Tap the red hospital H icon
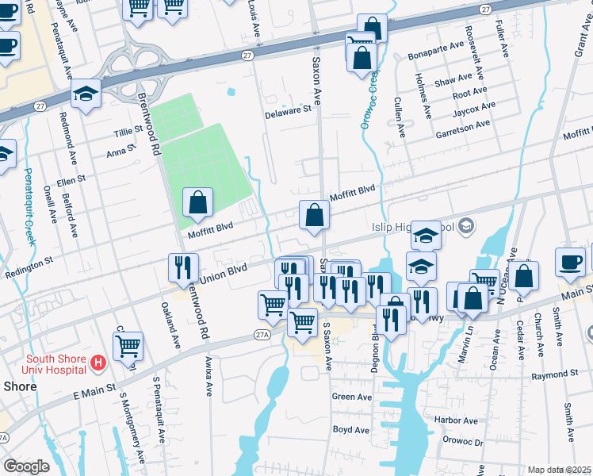coord(98,364)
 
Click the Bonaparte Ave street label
coord(435,48)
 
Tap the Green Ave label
coord(352,397)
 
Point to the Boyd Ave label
coord(351,430)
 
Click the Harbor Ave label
coord(456,420)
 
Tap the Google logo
coord(26,466)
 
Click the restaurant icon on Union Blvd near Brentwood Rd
coord(183,267)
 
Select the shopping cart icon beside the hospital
coord(128,345)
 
